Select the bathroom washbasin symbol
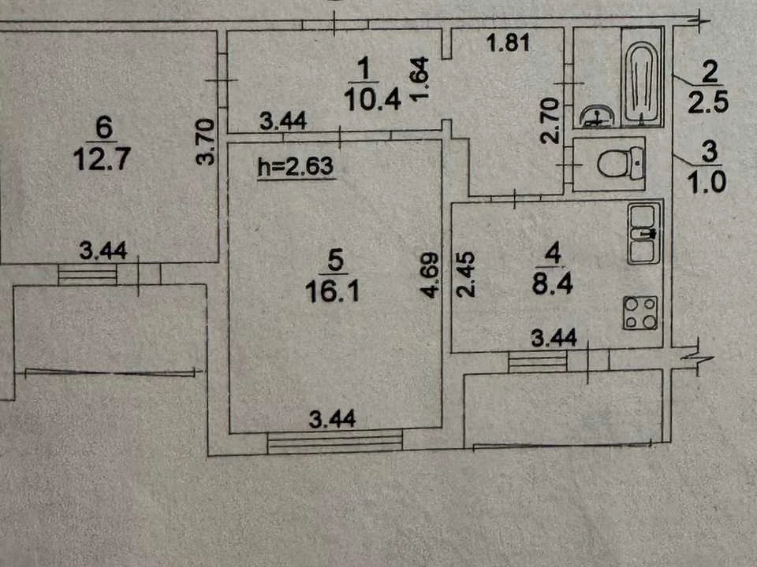(x=597, y=117)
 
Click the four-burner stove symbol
(x=640, y=313)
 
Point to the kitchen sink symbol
(x=644, y=234)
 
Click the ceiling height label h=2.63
(x=296, y=166)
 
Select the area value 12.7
(x=102, y=159)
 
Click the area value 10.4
(x=372, y=100)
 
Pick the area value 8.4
(x=552, y=283)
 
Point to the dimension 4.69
(x=430, y=276)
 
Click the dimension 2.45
(x=466, y=274)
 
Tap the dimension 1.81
(x=509, y=43)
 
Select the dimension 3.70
(x=206, y=143)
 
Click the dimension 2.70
(x=550, y=120)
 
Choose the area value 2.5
(x=708, y=102)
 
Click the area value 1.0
(x=707, y=183)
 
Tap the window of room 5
(x=335, y=442)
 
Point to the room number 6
(x=104, y=128)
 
